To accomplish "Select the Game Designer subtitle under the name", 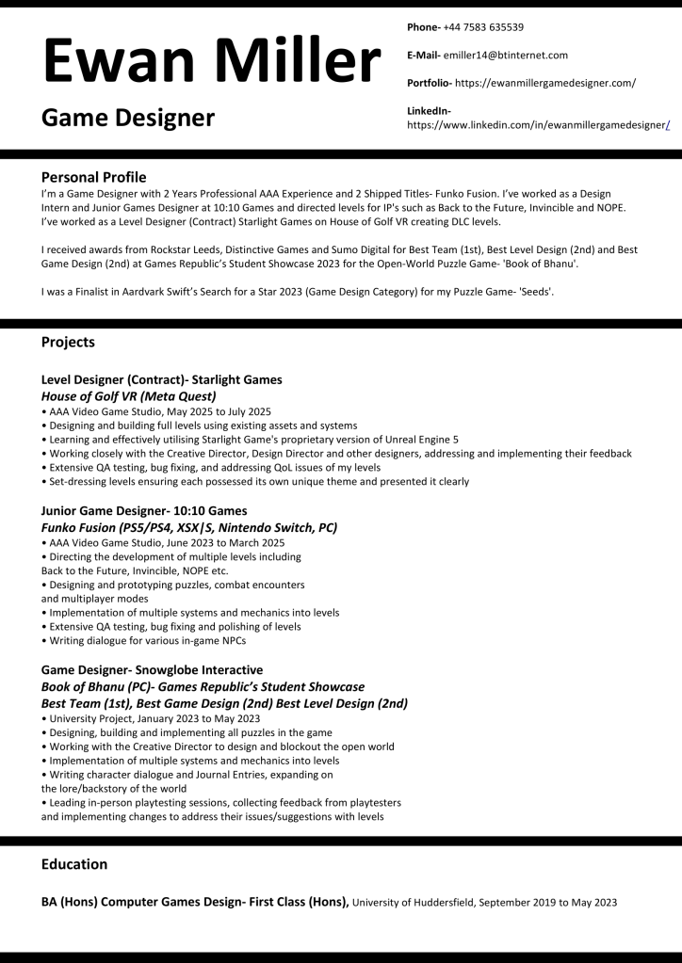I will tap(127, 118).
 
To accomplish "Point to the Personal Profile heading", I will tap(93, 177).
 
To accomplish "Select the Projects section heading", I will tap(68, 342).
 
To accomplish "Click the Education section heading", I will tap(74, 863).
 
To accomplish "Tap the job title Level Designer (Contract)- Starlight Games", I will tap(161, 379).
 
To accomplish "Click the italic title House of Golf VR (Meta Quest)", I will tap(129, 396).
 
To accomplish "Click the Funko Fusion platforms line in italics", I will tap(188, 527).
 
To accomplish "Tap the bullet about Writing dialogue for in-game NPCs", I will tap(147, 641).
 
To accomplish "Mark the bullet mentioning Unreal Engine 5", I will tap(253, 439).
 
